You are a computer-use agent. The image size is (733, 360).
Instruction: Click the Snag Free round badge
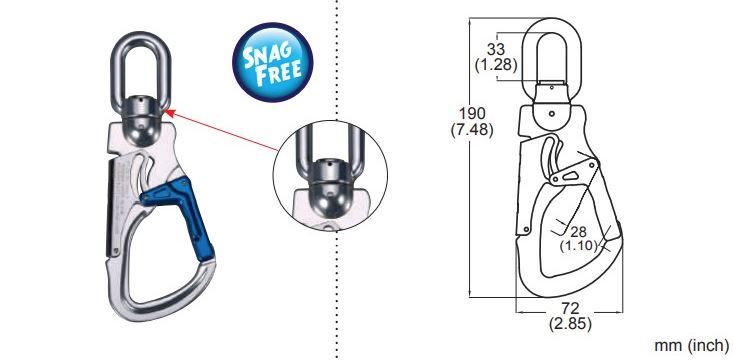(273, 63)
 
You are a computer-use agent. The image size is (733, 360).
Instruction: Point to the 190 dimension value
(472, 113)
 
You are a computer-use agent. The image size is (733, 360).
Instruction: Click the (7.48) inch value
(472, 130)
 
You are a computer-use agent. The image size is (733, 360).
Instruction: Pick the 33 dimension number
(496, 49)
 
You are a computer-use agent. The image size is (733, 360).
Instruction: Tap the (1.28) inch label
(496, 65)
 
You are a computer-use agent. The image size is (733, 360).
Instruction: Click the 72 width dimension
(570, 308)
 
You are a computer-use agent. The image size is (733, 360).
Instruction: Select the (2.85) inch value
(570, 324)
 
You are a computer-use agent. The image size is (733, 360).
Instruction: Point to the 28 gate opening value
(578, 230)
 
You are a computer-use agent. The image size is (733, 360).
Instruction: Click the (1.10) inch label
(579, 245)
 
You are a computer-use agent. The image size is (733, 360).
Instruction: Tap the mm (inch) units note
(691, 346)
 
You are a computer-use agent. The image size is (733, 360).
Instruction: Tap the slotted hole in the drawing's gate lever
(570, 175)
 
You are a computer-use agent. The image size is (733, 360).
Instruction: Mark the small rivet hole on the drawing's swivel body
(552, 113)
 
